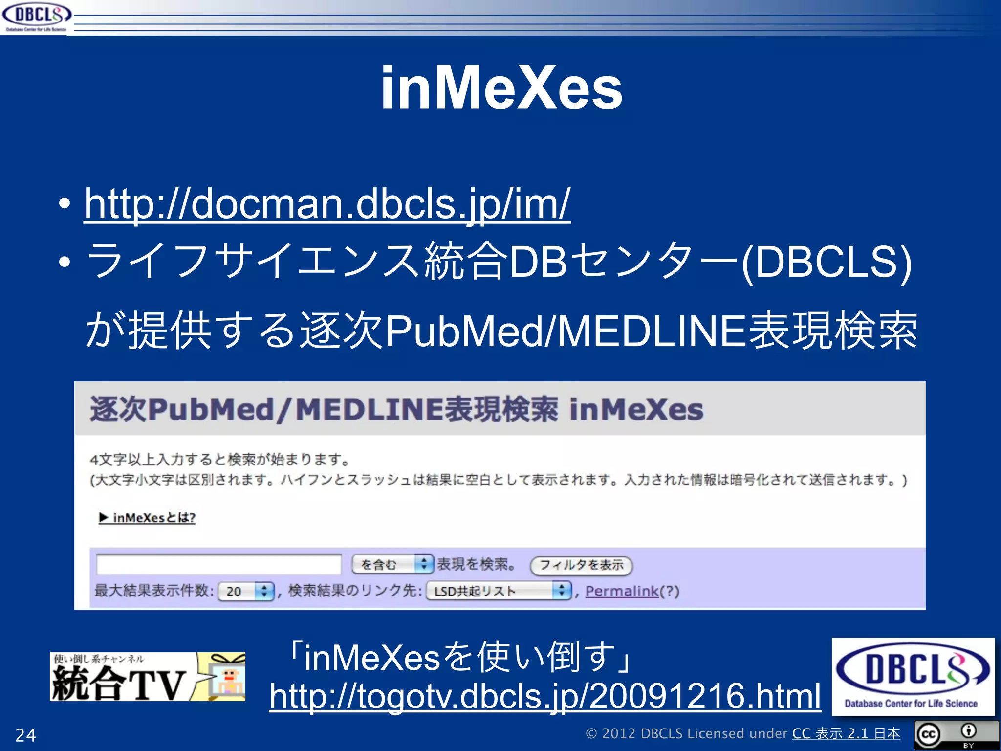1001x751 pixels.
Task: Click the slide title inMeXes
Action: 501,88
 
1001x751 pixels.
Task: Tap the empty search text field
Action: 218,564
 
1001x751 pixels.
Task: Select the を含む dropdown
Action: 392,564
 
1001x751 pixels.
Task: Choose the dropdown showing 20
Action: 245,591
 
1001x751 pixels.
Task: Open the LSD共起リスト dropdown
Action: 499,591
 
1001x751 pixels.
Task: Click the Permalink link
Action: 622,591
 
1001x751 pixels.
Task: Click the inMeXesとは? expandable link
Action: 148,517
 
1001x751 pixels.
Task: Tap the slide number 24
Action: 25,735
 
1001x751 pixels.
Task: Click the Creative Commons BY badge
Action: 956,734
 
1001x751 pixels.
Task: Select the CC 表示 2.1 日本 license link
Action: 846,733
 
